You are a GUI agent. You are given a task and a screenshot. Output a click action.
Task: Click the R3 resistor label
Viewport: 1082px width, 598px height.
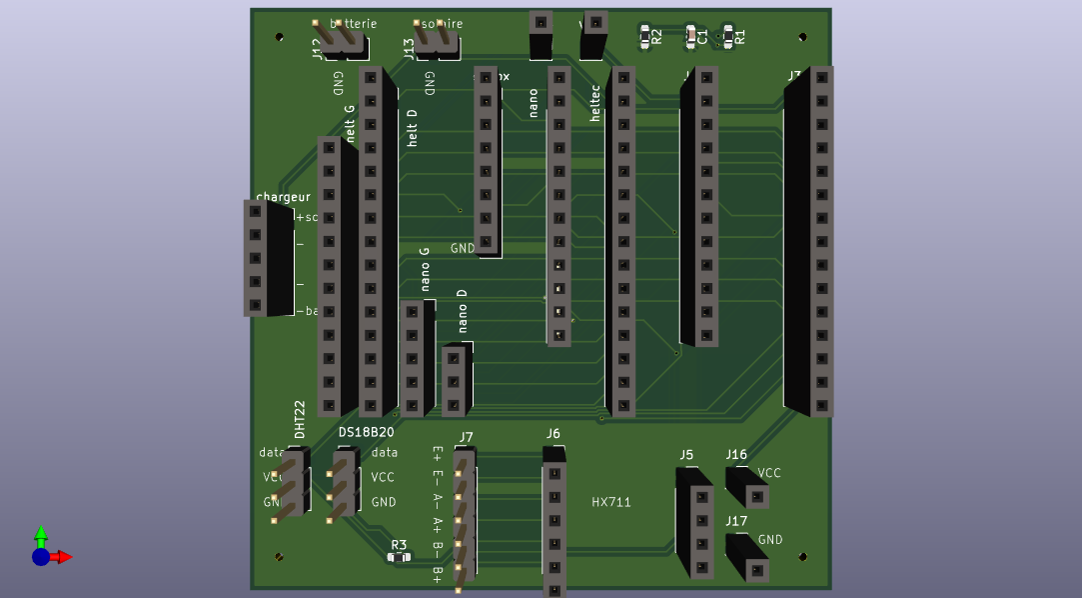click(399, 545)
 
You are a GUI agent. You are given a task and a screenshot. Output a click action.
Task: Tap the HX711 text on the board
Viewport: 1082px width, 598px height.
click(611, 502)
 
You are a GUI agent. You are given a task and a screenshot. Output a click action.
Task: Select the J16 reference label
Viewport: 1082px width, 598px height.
click(736, 455)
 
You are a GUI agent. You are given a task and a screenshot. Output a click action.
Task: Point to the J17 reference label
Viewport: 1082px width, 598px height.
click(736, 521)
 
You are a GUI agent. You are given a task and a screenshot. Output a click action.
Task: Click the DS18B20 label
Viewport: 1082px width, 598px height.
click(366, 432)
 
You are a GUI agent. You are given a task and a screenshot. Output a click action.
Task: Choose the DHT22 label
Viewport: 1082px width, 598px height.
click(300, 419)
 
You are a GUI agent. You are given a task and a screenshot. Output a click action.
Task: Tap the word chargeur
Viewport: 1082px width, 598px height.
click(283, 197)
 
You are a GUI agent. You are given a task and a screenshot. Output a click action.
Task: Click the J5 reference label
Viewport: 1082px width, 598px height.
click(686, 455)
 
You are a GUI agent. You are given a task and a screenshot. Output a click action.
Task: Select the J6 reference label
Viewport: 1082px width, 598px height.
click(552, 433)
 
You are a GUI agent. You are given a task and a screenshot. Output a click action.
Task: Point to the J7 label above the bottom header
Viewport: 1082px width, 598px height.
click(467, 437)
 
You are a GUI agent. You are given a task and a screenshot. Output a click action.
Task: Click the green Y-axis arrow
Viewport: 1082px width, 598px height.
click(41, 534)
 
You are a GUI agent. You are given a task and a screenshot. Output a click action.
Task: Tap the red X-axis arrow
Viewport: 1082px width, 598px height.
click(63, 557)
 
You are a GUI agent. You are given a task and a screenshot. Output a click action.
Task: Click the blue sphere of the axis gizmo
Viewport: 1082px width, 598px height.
click(40, 557)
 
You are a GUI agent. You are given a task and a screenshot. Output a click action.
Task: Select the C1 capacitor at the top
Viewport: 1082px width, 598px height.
click(691, 36)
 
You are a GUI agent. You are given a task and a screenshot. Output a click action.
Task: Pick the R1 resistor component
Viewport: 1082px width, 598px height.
click(728, 36)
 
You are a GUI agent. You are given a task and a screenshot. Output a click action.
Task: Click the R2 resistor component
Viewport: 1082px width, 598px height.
click(645, 36)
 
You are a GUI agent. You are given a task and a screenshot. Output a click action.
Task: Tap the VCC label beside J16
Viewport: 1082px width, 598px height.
click(769, 473)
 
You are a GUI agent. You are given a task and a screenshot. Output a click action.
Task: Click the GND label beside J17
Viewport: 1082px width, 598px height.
click(770, 540)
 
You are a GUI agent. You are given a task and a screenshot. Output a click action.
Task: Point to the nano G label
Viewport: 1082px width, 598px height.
click(426, 269)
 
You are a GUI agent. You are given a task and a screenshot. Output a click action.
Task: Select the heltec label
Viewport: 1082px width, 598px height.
click(596, 103)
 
